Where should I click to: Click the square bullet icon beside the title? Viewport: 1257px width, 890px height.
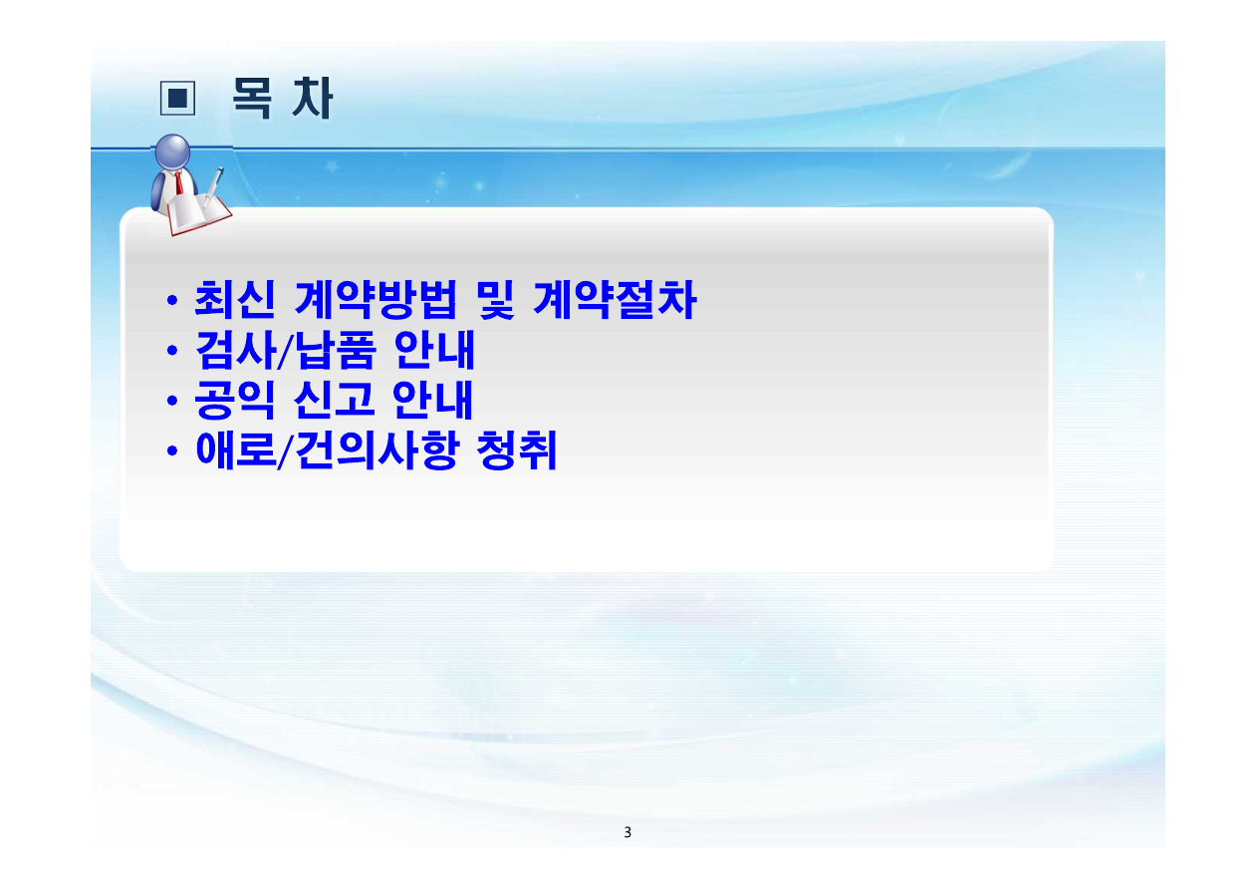click(177, 98)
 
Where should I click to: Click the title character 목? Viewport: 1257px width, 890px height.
click(252, 99)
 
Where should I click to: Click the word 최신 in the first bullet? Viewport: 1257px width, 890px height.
click(234, 300)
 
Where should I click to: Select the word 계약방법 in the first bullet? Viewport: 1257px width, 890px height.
click(376, 300)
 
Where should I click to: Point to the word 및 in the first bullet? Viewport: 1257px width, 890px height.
click(495, 300)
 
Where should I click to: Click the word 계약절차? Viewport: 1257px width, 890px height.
click(615, 300)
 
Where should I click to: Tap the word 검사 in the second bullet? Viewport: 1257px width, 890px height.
click(236, 350)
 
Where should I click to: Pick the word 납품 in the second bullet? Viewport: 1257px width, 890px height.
click(335, 350)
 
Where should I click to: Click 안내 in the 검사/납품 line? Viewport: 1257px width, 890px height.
click(434, 350)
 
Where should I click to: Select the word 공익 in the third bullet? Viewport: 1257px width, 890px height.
click(234, 400)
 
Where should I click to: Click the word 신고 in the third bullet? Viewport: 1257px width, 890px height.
click(334, 400)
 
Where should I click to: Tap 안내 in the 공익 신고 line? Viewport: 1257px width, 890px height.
click(432, 400)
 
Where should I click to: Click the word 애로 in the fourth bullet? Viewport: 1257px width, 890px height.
click(236, 449)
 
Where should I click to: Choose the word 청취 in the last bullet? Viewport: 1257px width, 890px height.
click(516, 449)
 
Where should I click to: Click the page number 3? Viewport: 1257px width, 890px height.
click(628, 832)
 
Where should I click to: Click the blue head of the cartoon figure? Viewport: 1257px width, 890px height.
click(172, 151)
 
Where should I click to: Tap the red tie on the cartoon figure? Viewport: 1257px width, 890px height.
click(178, 182)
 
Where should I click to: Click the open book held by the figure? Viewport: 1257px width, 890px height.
click(198, 214)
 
